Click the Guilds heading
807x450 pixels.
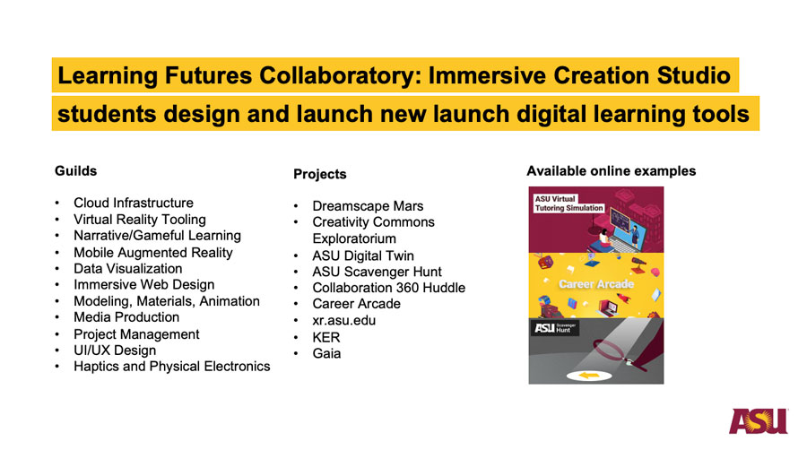[x=75, y=170]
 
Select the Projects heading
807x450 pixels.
[x=319, y=174]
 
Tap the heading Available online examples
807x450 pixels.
[x=611, y=171]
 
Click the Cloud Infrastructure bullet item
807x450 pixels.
[x=134, y=203]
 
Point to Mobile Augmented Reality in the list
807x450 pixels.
[x=152, y=253]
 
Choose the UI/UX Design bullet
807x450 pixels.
[x=115, y=350]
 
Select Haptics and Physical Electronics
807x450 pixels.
[x=172, y=366]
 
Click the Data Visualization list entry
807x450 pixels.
[x=127, y=268]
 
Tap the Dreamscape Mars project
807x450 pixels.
[x=368, y=205]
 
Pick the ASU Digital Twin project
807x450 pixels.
[x=363, y=255]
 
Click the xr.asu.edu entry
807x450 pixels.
[x=343, y=320]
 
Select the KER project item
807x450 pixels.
[x=325, y=337]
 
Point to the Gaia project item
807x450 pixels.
[x=326, y=353]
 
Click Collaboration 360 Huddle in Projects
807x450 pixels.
[x=388, y=288]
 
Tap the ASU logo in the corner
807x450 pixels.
[x=759, y=421]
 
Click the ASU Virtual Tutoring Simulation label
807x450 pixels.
[x=568, y=203]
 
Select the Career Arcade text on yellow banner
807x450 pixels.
[x=596, y=284]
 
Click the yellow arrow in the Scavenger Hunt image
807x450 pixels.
[x=589, y=376]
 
